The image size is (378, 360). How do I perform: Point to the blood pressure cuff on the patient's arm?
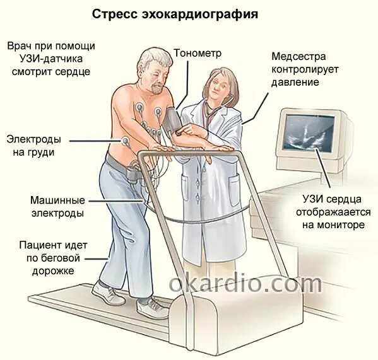point(172,119)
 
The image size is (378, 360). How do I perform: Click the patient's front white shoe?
point(151,308)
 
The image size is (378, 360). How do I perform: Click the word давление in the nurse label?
point(295,82)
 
